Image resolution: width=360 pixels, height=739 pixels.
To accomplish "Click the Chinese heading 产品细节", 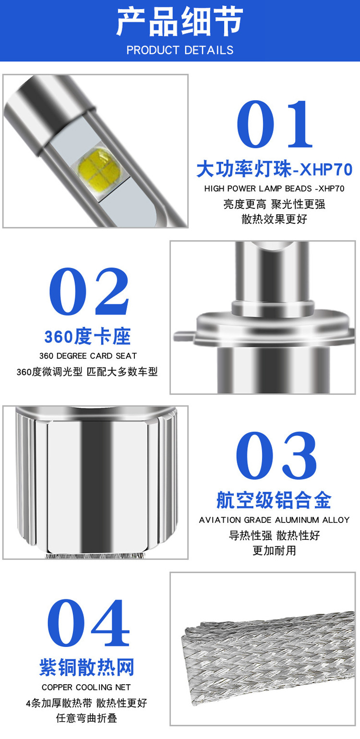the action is coord(180,22).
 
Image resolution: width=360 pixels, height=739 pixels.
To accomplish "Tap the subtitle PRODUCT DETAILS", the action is coord(180,50).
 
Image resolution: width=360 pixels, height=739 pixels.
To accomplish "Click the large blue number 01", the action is coord(275,124).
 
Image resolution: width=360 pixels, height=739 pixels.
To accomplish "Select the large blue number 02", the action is coord(89,291).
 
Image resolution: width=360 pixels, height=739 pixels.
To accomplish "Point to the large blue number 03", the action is coord(276,455).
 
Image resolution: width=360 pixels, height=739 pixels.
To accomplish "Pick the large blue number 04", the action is coord(88,623).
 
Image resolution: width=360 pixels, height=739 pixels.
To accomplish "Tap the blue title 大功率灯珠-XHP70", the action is coord(274,170).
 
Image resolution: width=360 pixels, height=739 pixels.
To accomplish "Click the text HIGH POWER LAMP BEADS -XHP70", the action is coord(274,189).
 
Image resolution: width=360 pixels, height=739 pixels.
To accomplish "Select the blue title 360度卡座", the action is coord(88,337).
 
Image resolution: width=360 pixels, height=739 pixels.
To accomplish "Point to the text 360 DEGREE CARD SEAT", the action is coord(88,356).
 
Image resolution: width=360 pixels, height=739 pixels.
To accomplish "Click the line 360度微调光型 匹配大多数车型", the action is coord(87,372).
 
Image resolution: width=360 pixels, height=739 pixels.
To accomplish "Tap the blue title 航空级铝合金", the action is coord(274,500).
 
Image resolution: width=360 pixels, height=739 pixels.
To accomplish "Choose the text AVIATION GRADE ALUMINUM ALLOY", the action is coord(274,520).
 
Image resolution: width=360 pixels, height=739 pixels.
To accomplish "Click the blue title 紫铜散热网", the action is coord(87,667).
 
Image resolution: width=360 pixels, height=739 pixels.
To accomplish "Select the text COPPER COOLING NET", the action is coord(86,687).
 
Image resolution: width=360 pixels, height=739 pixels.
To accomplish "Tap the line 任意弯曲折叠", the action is coord(86,718).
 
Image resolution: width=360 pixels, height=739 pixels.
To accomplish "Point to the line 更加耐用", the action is coord(274,550).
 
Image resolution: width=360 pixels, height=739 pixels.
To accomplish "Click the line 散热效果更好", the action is coord(274,219).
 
